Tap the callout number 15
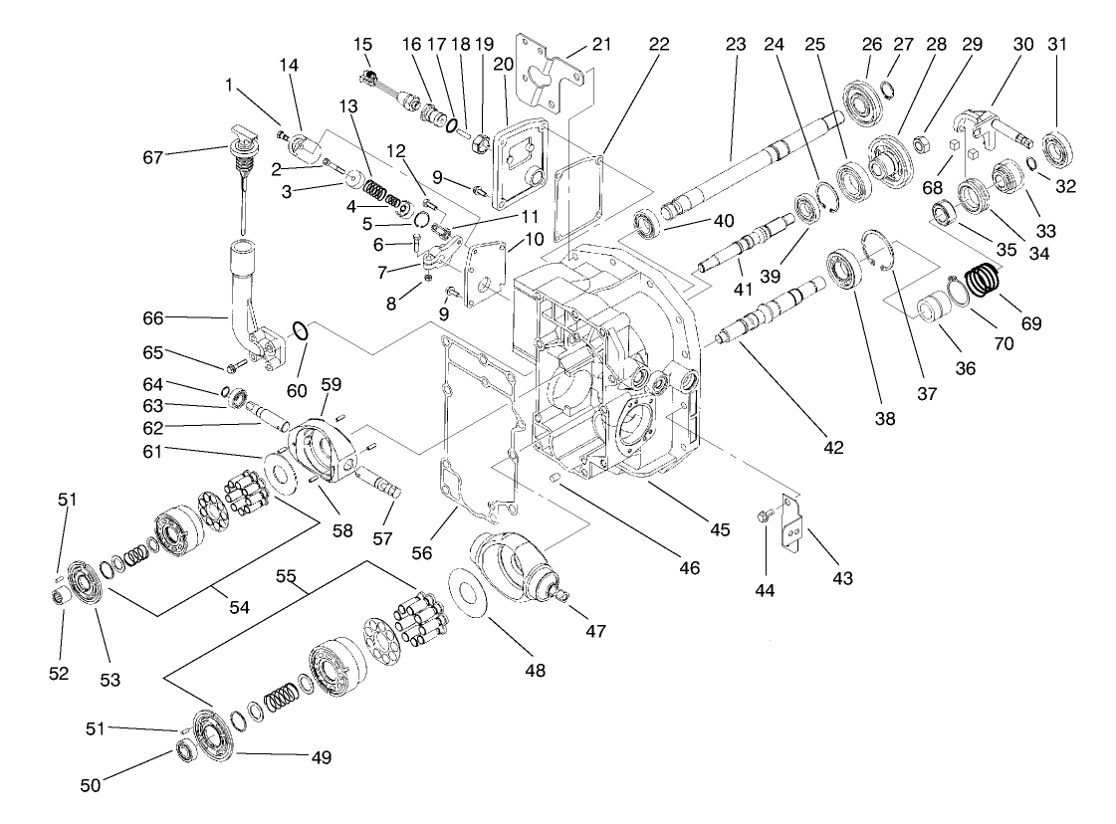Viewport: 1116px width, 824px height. click(x=363, y=45)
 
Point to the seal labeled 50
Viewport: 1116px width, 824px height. click(x=185, y=748)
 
